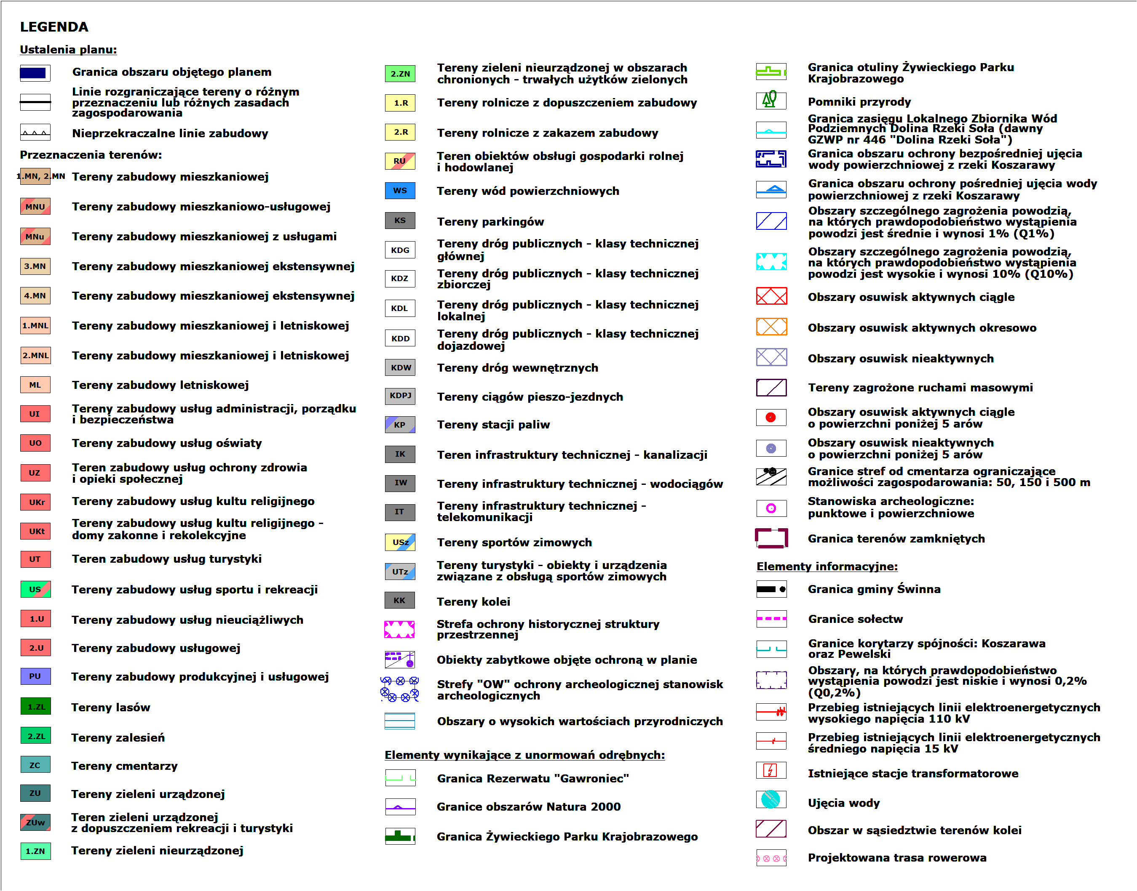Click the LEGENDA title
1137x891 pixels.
[x=54, y=27]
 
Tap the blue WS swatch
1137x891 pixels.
[x=400, y=190]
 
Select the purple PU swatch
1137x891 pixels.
[x=35, y=676]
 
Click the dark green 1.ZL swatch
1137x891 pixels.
[x=35, y=706]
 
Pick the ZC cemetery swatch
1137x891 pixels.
[x=35, y=765]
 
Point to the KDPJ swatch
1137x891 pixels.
[x=400, y=396]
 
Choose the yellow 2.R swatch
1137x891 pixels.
[x=400, y=132]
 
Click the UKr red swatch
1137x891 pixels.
[x=35, y=502]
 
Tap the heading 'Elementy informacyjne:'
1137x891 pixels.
[x=827, y=567]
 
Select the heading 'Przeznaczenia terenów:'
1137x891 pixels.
[x=91, y=155]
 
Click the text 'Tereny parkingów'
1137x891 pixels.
[x=490, y=222]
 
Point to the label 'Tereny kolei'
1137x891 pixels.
[x=473, y=601]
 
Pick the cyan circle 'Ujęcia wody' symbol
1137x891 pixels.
[x=770, y=799]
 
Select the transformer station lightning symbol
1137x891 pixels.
[x=770, y=770]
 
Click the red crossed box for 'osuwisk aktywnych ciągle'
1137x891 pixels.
[x=771, y=296]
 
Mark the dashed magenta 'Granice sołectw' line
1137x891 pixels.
[x=771, y=619]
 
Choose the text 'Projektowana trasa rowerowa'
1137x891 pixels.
[x=897, y=858]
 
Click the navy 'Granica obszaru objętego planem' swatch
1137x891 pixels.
[x=35, y=72]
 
